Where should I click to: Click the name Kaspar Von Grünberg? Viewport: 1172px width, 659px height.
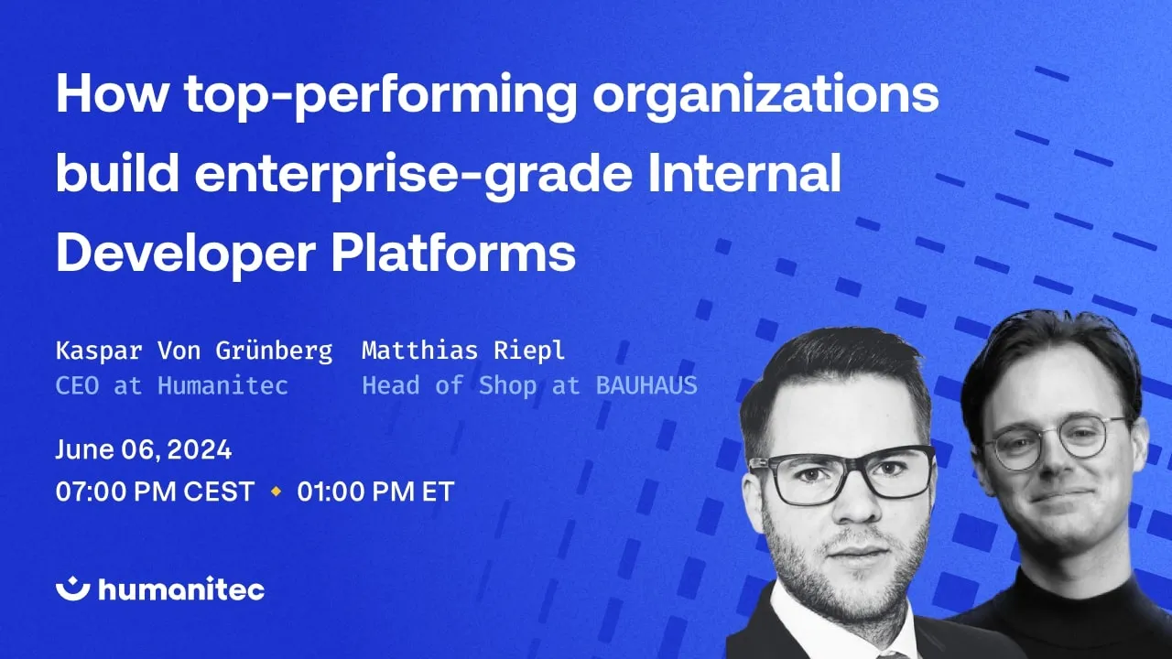click(x=194, y=351)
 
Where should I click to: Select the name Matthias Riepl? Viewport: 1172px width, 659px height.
click(x=463, y=351)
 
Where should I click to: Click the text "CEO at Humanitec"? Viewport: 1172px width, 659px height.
click(x=172, y=386)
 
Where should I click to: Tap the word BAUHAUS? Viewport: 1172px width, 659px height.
click(x=646, y=386)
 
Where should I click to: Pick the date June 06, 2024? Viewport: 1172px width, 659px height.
click(x=144, y=450)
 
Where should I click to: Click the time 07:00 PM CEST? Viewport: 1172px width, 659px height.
click(x=155, y=492)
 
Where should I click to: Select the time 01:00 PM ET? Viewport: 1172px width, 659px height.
click(x=375, y=492)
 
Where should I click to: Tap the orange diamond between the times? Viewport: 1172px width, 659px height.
click(x=276, y=492)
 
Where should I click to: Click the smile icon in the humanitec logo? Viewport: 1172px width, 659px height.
click(x=72, y=589)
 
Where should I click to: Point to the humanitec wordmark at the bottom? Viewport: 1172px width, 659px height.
click(x=181, y=589)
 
